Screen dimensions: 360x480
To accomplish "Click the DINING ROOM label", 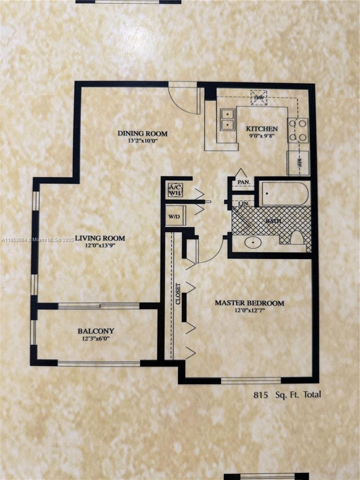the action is [142, 133].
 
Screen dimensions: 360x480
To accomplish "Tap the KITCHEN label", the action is [262, 128].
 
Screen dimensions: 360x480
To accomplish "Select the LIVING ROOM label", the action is [100, 238].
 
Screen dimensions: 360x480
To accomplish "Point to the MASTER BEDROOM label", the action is [250, 303].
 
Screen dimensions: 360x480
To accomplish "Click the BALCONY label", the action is [96, 331].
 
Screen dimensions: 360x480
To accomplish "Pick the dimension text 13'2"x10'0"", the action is [143, 141].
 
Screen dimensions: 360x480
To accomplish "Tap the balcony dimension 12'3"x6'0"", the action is [96, 338].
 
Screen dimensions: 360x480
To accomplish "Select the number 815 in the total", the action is [261, 395].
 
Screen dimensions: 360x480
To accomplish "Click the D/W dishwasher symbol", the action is [259, 97].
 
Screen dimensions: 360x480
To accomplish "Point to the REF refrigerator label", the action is [298, 163].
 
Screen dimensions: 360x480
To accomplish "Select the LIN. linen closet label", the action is [243, 203].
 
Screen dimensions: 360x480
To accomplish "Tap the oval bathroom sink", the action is [253, 242].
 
